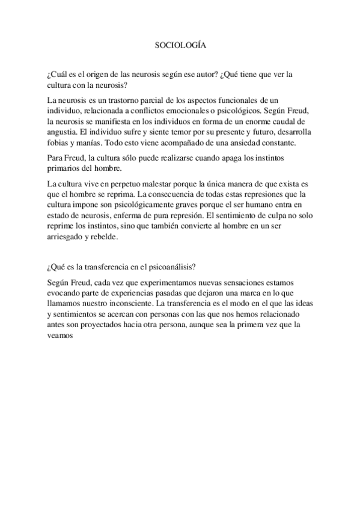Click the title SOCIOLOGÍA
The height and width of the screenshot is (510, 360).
(x=180, y=45)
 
